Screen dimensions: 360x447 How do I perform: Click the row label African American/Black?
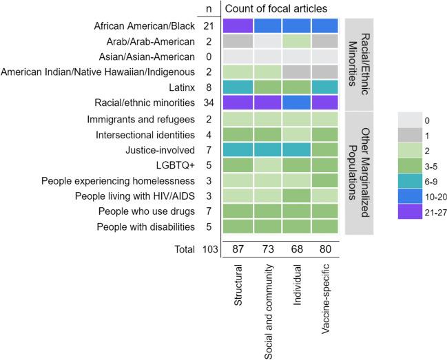point(144,26)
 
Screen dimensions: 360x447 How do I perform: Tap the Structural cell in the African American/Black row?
point(238,26)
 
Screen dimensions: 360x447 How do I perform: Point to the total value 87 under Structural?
point(238,271)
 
